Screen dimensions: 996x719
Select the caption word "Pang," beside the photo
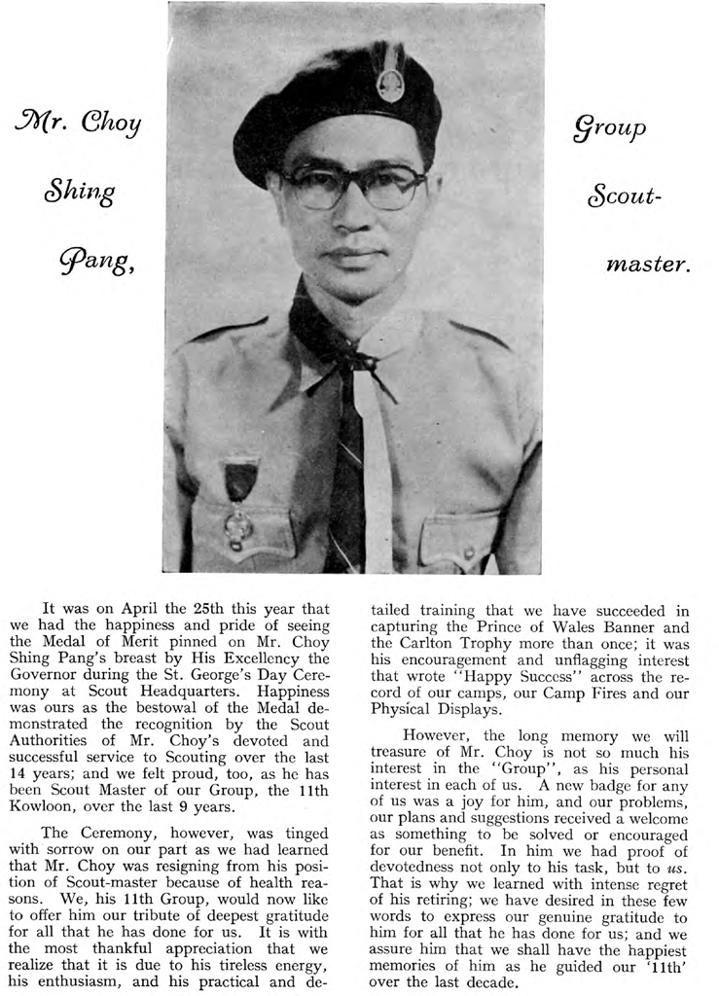click(x=98, y=261)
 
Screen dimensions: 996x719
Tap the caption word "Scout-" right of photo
click(x=624, y=196)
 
